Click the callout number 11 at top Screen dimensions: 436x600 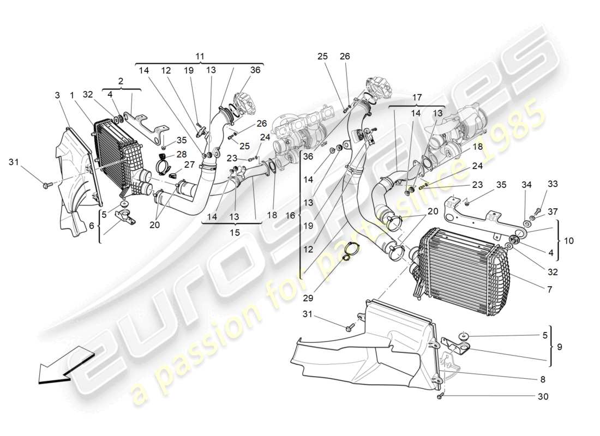pos(200,56)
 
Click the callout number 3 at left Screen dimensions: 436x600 pos(57,96)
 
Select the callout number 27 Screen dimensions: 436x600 pos(189,165)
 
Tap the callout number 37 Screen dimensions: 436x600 pos(553,211)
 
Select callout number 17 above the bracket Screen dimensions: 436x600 pos(417,98)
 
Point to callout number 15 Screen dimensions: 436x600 pos(234,232)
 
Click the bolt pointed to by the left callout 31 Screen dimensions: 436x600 pos(46,186)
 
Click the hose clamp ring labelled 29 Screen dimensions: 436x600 pos(349,250)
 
